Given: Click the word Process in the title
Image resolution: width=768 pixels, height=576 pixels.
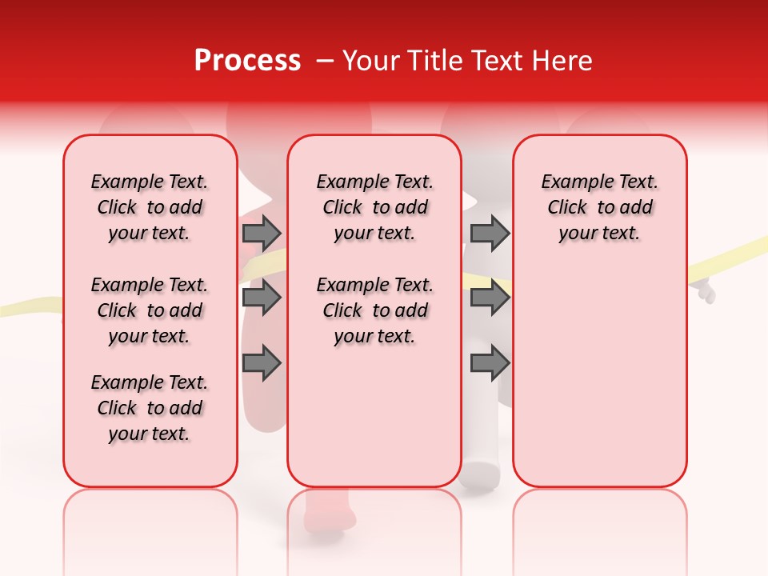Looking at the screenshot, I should pos(247,61).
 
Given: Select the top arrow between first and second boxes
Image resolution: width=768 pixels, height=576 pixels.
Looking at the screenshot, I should pos(262,233).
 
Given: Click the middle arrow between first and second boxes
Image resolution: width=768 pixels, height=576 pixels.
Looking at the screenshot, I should pos(262,298).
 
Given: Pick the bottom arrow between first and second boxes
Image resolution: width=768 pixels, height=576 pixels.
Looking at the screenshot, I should pos(262,363).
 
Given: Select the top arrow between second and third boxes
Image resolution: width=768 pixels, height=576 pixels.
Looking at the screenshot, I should pos(490,233).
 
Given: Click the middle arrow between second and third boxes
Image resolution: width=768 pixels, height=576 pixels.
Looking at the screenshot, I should pos(490,298).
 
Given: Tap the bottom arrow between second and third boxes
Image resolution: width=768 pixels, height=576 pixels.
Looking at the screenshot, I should pos(490,363).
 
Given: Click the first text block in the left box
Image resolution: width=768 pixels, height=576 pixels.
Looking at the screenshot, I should pos(150,207).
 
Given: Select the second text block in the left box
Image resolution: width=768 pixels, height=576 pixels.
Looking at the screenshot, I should pos(150,310).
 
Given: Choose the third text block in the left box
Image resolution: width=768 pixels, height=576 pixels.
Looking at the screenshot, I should pos(150,408).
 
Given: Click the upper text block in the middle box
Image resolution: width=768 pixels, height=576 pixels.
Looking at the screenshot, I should pos(374,207).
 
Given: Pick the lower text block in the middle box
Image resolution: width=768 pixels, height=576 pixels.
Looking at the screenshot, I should pos(374,310).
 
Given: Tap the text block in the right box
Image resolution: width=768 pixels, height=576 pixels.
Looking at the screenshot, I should pos(599,207).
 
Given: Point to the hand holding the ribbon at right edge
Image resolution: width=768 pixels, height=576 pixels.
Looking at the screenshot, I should pos(705,291).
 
